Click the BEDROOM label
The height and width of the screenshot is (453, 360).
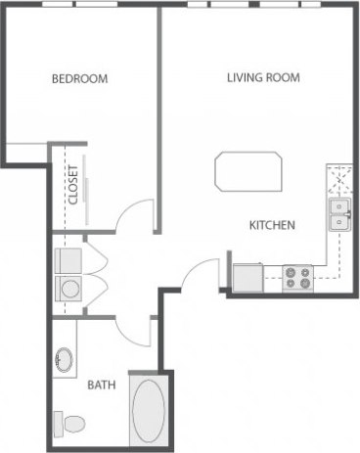(x=79, y=78)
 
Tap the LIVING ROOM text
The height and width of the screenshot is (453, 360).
(x=263, y=77)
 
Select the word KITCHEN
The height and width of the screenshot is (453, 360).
(x=272, y=225)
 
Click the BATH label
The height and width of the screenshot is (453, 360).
(x=101, y=385)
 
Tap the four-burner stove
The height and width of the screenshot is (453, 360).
(x=297, y=278)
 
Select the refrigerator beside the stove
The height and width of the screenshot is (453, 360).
(x=248, y=277)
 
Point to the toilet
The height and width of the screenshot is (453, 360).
(x=72, y=424)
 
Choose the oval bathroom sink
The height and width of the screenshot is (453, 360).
(x=66, y=359)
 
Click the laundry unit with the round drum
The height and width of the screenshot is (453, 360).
(x=69, y=290)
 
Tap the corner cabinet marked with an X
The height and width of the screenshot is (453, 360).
(x=338, y=180)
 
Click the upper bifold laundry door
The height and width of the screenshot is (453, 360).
(x=97, y=258)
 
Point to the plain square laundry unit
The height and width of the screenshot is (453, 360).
(x=69, y=259)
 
